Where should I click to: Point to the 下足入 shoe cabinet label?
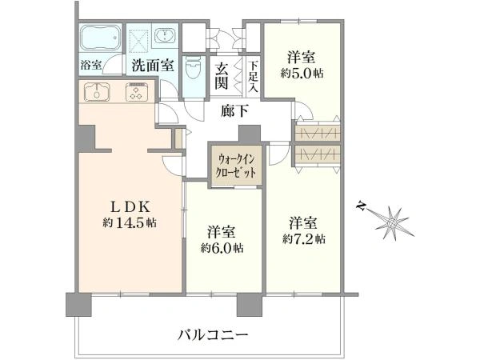[x=253, y=76]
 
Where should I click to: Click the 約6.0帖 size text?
[x=222, y=247]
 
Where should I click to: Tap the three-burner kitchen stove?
[x=136, y=92]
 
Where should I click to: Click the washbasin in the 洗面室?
[x=169, y=38]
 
